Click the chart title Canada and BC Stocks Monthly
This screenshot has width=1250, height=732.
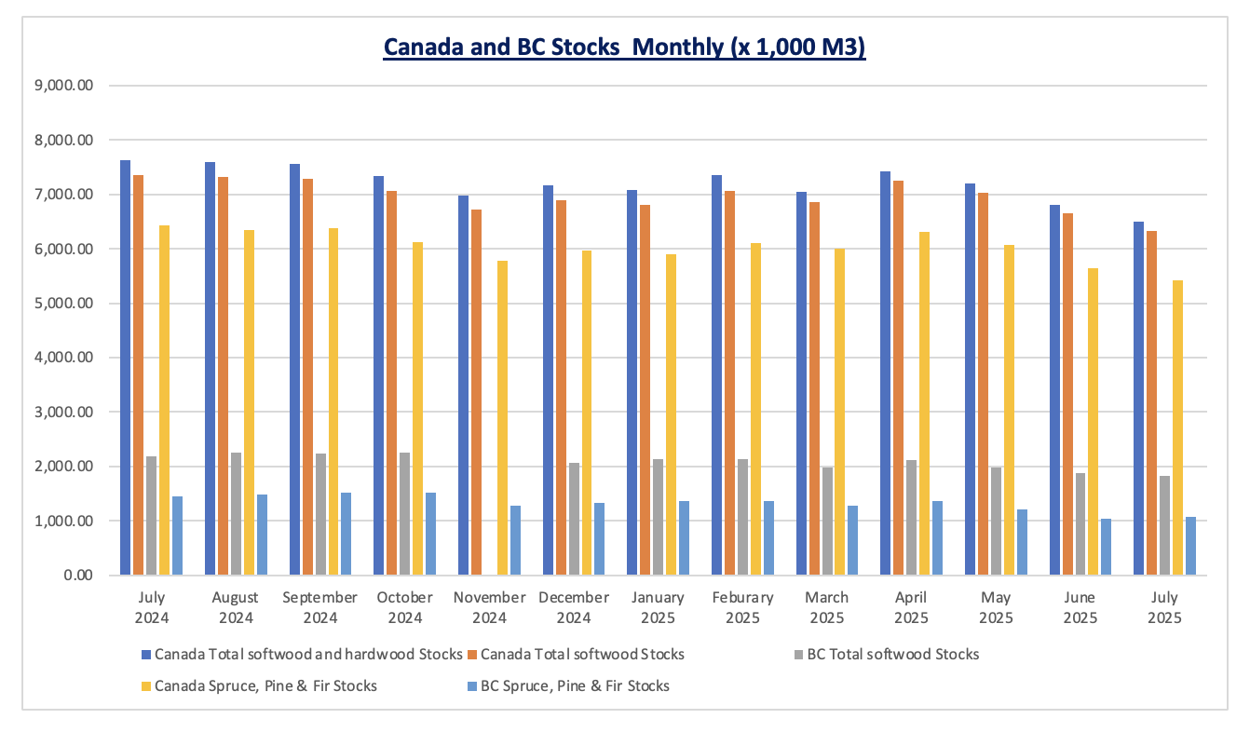(x=624, y=47)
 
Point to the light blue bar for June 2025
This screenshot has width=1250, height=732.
(x=1106, y=547)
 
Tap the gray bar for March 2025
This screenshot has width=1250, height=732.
(x=827, y=521)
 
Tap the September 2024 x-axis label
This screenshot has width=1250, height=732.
(x=320, y=607)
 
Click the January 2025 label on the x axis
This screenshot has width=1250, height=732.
(x=658, y=607)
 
